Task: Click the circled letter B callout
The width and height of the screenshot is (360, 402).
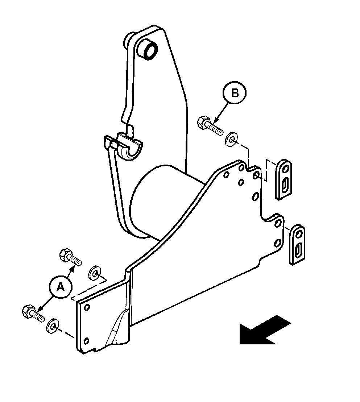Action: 235,93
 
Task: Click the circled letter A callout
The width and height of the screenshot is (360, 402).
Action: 61,287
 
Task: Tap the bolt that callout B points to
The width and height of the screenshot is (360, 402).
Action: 210,126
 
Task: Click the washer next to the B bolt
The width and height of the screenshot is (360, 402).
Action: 232,139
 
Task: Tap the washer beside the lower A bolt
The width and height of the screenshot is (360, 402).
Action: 53,326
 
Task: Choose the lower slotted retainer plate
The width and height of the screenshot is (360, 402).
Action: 297,244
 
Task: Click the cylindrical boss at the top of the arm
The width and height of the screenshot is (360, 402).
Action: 148,50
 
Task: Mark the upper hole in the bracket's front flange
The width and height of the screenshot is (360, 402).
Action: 87,307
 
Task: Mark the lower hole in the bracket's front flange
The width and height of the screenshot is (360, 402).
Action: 86,341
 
